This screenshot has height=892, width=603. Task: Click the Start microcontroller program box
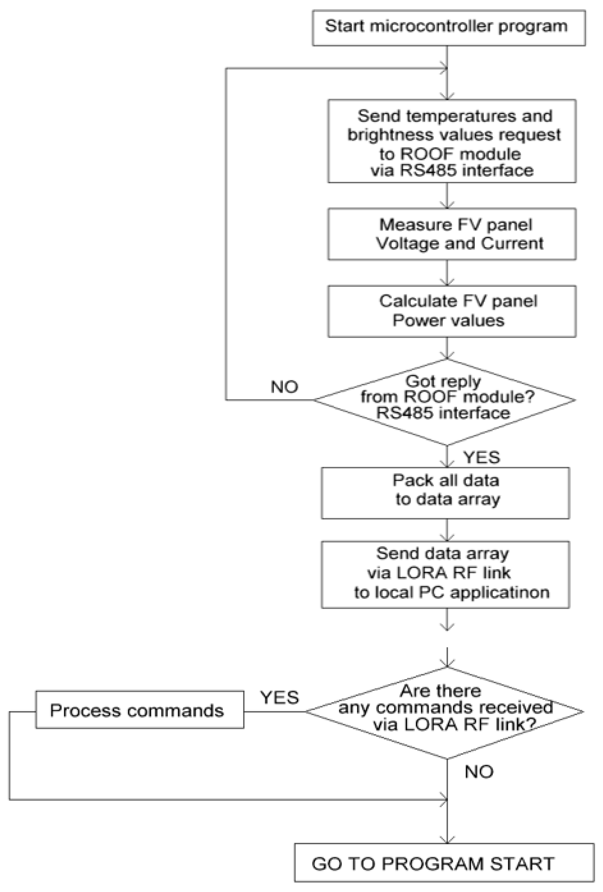click(x=448, y=28)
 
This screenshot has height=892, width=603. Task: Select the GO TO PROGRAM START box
click(x=444, y=864)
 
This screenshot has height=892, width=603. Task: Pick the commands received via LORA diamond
click(x=444, y=711)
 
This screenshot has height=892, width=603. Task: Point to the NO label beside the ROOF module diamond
click(x=284, y=387)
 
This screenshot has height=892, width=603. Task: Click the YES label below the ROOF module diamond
click(x=481, y=457)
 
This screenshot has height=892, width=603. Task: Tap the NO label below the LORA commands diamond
click(x=479, y=771)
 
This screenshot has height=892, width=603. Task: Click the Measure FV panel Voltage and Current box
click(x=451, y=234)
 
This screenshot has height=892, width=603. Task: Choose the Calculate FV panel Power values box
click(x=451, y=311)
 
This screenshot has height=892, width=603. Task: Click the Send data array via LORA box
click(x=445, y=574)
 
